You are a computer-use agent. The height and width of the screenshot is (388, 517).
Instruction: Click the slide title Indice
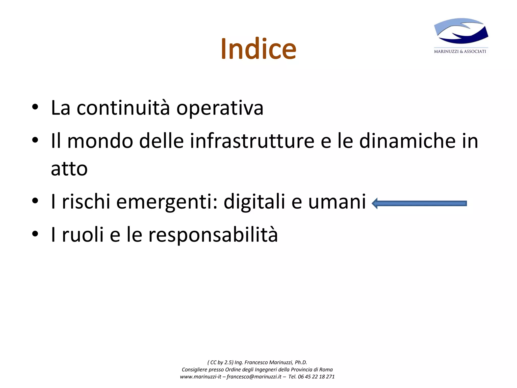[x=258, y=48]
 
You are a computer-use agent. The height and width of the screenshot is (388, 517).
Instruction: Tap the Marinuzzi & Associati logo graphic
[x=461, y=31]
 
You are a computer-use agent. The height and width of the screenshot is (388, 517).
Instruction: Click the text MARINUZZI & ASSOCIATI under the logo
[x=460, y=52]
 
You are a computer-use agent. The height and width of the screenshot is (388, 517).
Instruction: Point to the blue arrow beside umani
[x=419, y=203]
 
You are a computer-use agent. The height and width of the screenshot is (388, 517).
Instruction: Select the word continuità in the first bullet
[x=123, y=108]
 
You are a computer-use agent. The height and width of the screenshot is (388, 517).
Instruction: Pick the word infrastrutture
[x=252, y=141]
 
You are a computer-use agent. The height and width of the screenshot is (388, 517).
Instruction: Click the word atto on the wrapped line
[x=69, y=169]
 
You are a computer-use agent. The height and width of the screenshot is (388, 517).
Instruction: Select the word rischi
[x=86, y=202]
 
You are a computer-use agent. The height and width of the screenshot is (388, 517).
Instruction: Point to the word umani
[x=337, y=202]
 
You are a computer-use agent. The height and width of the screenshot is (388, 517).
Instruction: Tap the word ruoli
[x=83, y=234]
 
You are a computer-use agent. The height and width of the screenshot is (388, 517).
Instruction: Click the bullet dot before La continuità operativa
[x=35, y=107]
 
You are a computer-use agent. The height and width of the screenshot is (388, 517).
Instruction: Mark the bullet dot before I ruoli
[x=35, y=234]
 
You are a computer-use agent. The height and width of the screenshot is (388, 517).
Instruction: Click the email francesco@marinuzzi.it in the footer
[x=254, y=377]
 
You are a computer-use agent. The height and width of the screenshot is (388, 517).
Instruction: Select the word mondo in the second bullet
[x=100, y=141]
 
